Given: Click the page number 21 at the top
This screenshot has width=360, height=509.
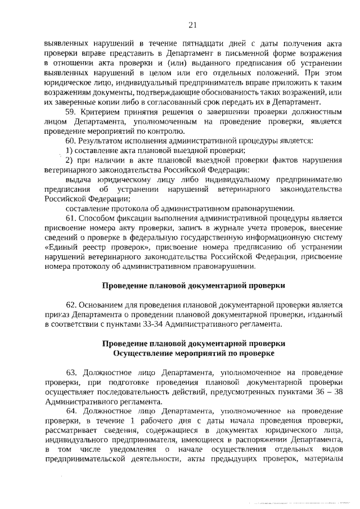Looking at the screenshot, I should (x=192, y=24).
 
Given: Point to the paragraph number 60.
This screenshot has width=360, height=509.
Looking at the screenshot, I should (x=71, y=139).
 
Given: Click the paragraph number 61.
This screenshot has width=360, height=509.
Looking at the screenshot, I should (x=71, y=218).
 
